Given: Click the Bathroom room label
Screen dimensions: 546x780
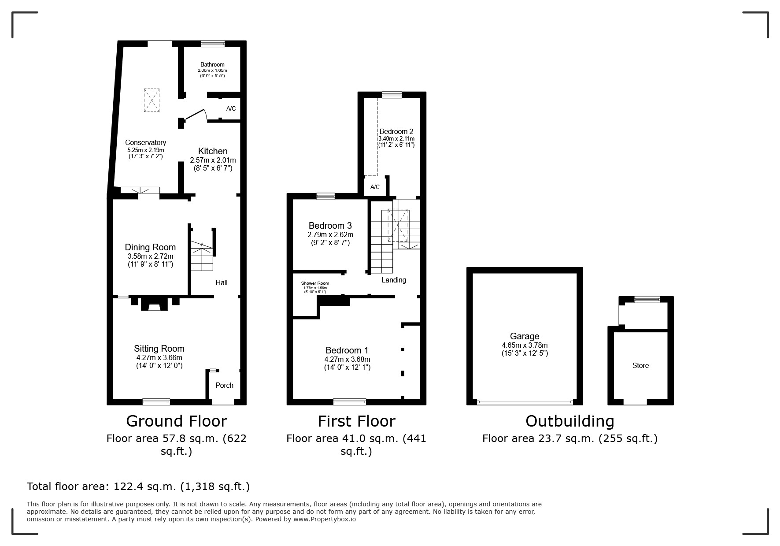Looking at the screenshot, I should point(212,65).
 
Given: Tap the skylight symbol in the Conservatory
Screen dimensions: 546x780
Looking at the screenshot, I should point(152,100).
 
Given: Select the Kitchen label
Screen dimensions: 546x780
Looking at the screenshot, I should point(213,151).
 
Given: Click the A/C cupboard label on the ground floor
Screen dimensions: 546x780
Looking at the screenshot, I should point(231,108).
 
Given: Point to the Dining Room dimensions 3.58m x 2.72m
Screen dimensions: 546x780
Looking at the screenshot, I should point(150,256).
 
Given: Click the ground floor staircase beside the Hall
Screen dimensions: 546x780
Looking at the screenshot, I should point(202,258).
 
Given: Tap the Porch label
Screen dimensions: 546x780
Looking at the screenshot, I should point(224,385).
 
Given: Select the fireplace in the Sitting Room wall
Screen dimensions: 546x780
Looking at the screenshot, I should point(154,305).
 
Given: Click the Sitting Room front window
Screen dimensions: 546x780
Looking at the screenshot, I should point(156,401).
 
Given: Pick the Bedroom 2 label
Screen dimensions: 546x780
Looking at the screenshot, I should point(396,131).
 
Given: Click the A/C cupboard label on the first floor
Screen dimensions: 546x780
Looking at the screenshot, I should point(375,187).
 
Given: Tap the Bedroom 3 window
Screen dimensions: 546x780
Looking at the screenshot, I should point(325,197).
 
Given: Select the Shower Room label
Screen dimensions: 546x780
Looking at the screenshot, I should point(315,283).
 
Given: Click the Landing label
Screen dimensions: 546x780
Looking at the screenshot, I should point(394,280).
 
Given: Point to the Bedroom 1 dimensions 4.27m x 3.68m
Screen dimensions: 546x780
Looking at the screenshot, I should point(347,359).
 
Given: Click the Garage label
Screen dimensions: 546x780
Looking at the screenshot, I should point(524,336).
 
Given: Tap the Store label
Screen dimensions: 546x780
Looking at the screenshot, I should point(640,365).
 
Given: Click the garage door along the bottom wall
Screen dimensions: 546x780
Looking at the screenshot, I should point(524,402).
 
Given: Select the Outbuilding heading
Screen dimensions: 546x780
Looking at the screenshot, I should point(569,421).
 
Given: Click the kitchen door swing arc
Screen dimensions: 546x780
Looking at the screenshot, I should point(197,114).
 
